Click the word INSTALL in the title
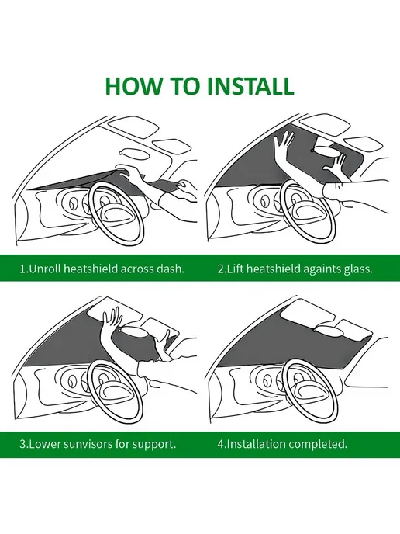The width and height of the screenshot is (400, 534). click(x=250, y=86)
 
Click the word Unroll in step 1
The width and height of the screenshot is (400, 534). click(x=45, y=269)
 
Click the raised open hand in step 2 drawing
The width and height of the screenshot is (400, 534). click(x=284, y=143)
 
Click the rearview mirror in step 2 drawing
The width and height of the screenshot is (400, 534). click(x=327, y=151)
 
